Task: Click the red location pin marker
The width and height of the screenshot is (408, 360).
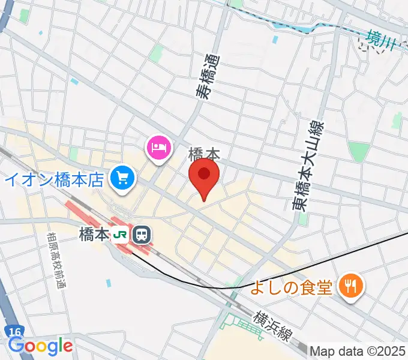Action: coord(204,175)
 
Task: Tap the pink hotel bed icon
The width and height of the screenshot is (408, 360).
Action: coord(159,146)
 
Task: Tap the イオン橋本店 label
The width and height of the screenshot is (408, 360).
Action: coord(56,179)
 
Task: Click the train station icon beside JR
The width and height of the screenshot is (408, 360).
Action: coord(142,233)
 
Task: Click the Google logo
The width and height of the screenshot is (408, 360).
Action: coord(40,346)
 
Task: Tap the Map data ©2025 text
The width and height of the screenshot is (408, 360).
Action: coord(358,350)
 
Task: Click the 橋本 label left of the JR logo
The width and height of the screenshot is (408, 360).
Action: coord(94,233)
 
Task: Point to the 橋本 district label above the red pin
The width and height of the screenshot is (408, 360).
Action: coord(203,154)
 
